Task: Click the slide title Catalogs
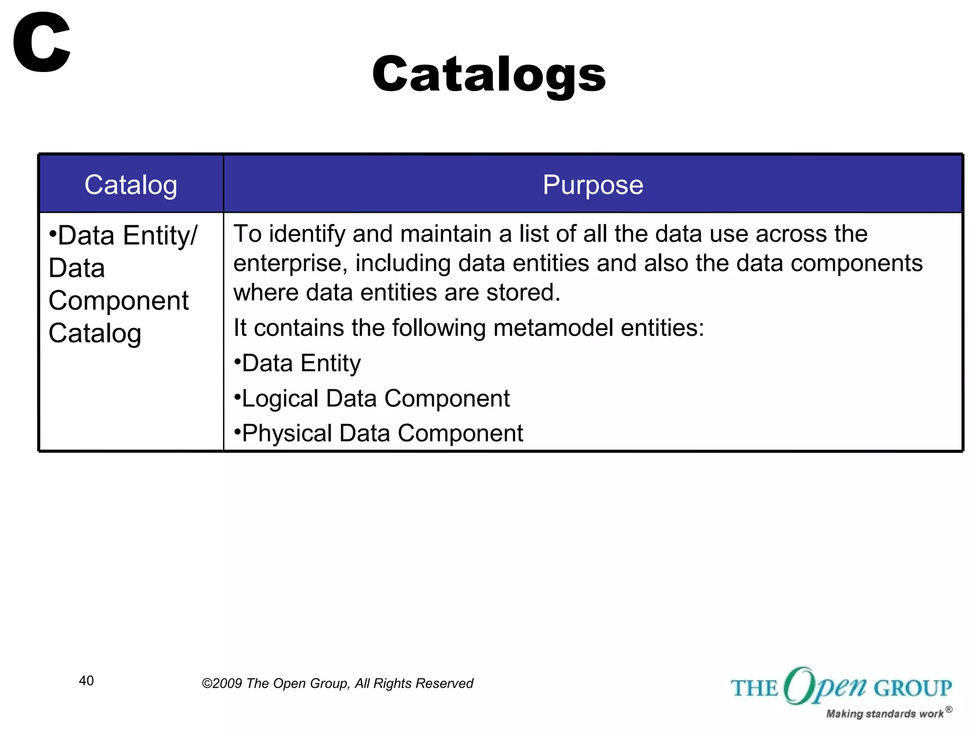coord(489,74)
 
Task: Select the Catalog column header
coord(131,185)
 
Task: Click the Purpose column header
coord(593,185)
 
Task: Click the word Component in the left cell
coord(118,301)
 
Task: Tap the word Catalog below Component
coord(95,333)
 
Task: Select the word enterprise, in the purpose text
coord(290,263)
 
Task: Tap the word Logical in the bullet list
coord(280,398)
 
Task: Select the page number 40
coord(86,681)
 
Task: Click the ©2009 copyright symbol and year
coord(222,683)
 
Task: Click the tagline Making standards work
coord(884,714)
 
